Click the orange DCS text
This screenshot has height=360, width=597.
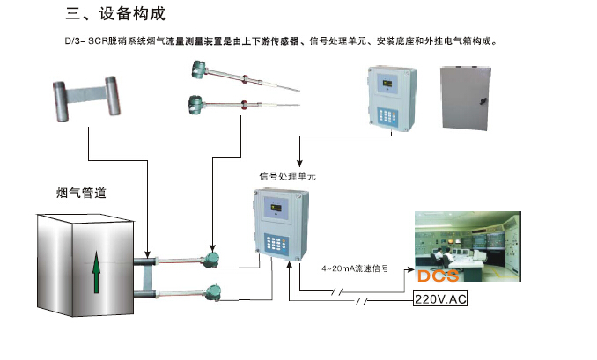point(438,276)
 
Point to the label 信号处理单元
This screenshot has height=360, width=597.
point(287,176)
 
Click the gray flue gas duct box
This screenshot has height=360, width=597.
point(84,265)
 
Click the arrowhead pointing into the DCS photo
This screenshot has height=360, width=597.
point(409,270)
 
